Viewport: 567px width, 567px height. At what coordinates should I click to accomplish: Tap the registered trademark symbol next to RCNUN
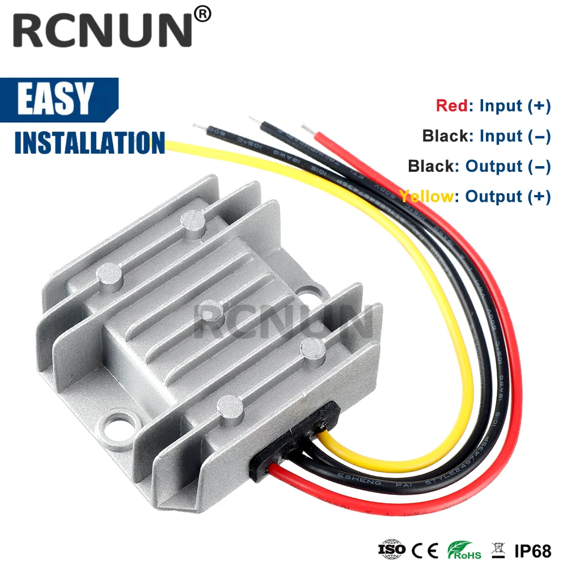tap(203, 14)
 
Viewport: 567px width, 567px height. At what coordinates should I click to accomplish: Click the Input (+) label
tap(515, 106)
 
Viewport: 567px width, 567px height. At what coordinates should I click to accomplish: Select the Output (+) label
tap(508, 197)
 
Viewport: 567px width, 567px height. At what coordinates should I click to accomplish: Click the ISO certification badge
tap(392, 549)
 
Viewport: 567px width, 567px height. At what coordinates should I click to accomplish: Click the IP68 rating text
tap(532, 549)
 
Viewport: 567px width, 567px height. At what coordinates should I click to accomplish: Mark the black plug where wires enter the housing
tap(295, 437)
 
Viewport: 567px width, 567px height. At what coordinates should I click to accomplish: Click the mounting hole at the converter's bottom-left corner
tap(121, 422)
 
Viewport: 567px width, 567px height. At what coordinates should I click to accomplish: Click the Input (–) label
tap(515, 136)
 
